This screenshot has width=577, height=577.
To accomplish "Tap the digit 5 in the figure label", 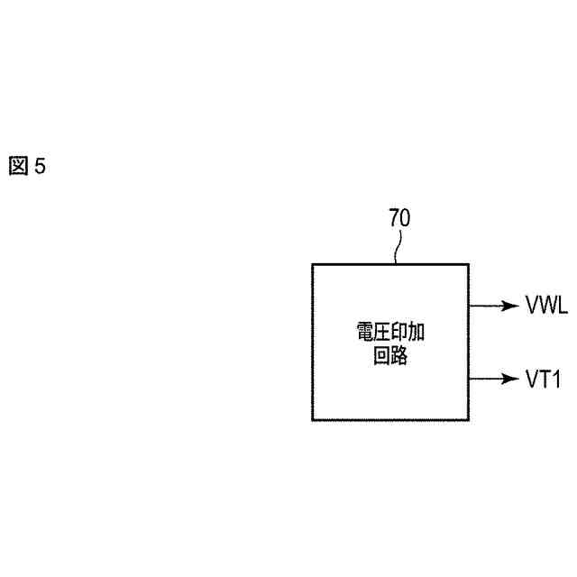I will point(39,166).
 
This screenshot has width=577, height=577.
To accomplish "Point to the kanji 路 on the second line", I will point(400,356).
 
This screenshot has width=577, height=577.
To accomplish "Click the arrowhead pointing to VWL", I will point(508,306).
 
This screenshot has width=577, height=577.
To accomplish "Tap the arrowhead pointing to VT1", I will point(508,379).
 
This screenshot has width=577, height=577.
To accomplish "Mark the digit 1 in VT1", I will point(556,379).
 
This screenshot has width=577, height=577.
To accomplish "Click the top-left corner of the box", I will point(313,264).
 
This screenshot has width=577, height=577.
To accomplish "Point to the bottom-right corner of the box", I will point(468,419).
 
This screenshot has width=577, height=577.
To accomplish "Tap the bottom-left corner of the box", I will point(313,419).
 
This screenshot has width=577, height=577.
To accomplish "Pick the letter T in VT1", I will point(544,379).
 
